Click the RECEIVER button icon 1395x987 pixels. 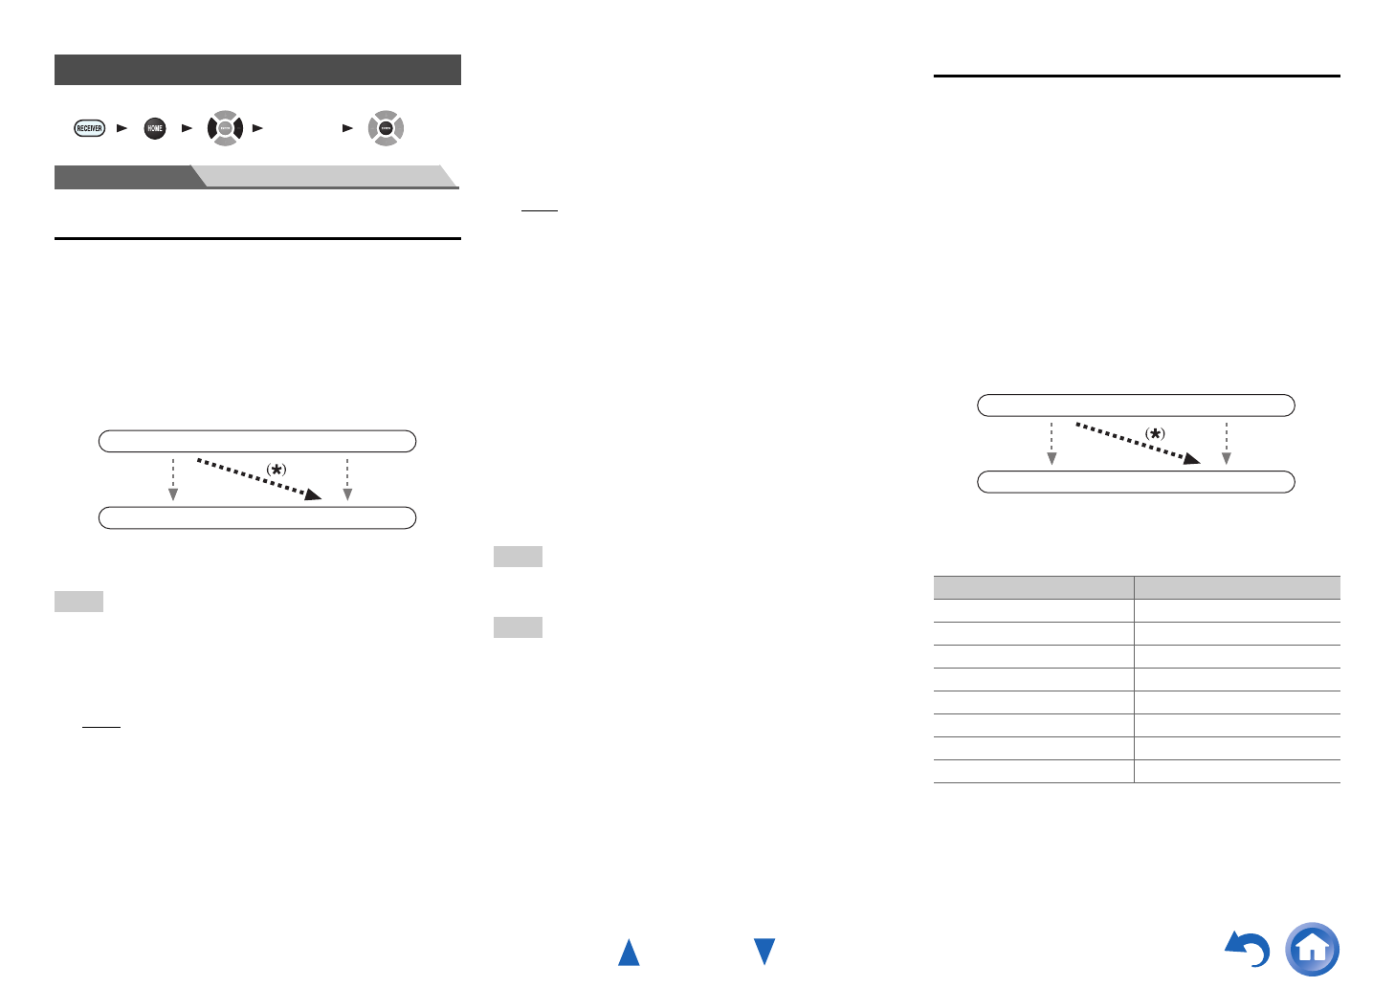coord(89,128)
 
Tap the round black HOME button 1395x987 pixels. coord(155,128)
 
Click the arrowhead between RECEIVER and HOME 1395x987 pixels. coord(122,128)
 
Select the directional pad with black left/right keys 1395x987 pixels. coord(225,128)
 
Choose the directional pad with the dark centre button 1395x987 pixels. coord(386,128)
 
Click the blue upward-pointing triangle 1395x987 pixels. coord(629,953)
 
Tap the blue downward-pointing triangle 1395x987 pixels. coord(764,951)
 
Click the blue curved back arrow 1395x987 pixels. coord(1249,949)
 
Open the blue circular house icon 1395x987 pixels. coord(1313,949)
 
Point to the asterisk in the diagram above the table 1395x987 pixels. coord(1156,434)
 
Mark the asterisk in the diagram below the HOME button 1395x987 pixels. coord(277,470)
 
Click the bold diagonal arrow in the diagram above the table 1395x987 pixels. coord(1137,444)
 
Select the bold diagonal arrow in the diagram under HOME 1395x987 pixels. coord(258,479)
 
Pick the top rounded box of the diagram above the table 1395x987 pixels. coord(1136,406)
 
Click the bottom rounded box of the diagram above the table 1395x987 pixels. coord(1136,481)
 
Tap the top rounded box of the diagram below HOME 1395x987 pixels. coord(257,441)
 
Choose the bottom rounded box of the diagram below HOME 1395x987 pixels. coord(257,517)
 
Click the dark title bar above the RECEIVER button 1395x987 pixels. coord(257,70)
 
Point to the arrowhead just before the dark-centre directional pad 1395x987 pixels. coord(347,128)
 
